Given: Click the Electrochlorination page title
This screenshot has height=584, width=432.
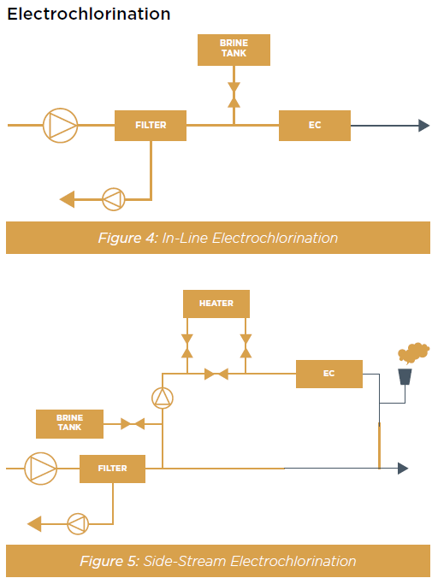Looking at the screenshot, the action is click(89, 15).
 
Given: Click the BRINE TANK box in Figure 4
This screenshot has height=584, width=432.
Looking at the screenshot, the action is click(234, 50).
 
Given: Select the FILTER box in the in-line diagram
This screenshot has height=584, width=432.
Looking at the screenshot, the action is click(151, 126).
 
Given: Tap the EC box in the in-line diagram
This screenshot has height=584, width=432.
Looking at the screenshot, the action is click(315, 126).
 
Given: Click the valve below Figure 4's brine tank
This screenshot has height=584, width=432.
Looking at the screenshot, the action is click(234, 95).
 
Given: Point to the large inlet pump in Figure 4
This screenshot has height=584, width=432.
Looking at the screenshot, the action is click(61, 126).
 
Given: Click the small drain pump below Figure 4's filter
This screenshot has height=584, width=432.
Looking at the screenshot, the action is click(114, 199).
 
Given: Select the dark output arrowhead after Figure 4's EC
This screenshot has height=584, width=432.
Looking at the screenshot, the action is click(424, 126).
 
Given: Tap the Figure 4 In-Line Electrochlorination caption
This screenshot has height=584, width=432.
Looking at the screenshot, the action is click(218, 238).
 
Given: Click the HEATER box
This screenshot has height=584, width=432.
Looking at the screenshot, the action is click(216, 304).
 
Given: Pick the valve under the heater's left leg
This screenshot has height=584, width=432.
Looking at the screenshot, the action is click(187, 346).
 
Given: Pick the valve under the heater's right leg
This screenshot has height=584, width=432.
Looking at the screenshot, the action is click(246, 346).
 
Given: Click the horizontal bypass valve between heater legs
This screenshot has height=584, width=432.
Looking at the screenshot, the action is click(216, 374).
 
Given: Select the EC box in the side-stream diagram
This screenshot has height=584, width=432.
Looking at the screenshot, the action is click(329, 374).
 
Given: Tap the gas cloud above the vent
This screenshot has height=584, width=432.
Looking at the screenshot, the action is click(413, 352).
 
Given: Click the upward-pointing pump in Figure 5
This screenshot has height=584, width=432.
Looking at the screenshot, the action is click(163, 398).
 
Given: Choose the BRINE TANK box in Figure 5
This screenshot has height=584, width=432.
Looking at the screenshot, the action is click(69, 424).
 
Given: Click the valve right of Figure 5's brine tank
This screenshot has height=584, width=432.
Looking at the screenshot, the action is click(133, 424).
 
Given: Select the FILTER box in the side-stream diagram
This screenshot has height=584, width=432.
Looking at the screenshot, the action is click(113, 469).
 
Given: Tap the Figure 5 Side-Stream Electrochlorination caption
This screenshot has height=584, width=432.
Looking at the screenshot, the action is click(218, 561).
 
